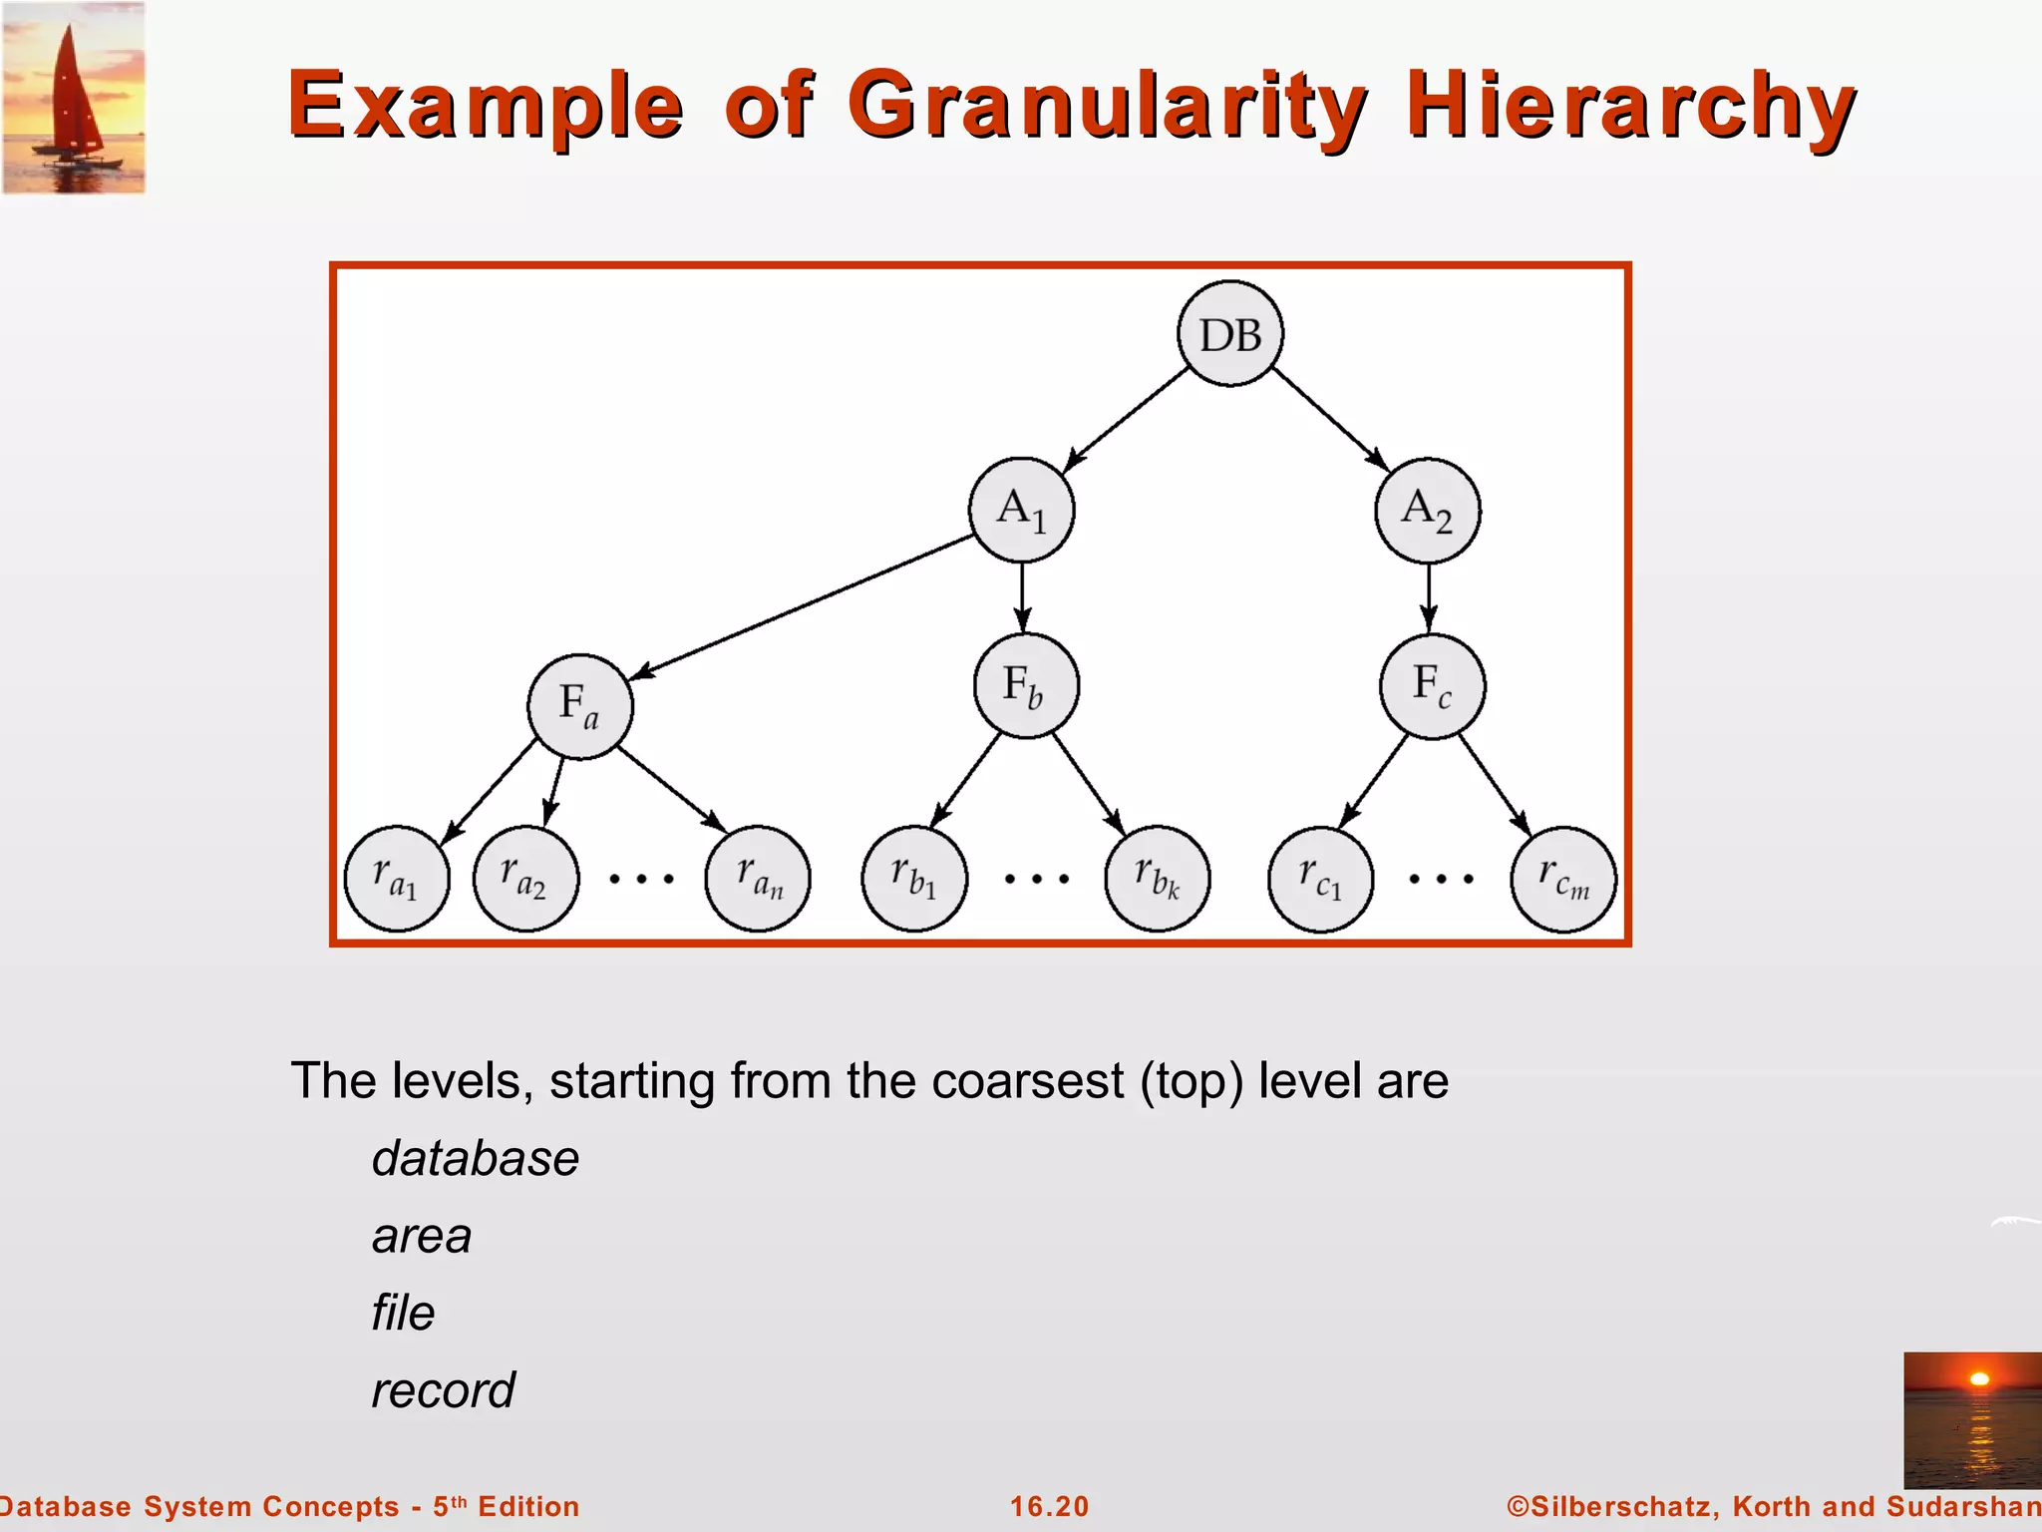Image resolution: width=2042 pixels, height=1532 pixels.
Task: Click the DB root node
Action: (1230, 334)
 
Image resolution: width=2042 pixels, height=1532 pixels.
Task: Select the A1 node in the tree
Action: (1021, 510)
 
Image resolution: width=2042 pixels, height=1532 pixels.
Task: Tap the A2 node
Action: (1428, 511)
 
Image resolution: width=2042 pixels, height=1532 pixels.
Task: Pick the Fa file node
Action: (579, 706)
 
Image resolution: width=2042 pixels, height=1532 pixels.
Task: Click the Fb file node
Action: (1025, 686)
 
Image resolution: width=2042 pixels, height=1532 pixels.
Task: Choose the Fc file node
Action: (1432, 686)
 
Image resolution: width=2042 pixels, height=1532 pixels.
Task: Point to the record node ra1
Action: (397, 878)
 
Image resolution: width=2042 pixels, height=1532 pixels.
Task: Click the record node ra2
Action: (525, 878)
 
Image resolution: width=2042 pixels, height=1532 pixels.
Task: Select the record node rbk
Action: (1158, 878)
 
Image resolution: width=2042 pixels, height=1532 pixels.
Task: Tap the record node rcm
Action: (1563, 879)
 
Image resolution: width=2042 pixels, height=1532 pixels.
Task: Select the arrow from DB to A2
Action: (1330, 418)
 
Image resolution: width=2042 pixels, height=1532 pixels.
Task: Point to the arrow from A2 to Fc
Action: (1429, 597)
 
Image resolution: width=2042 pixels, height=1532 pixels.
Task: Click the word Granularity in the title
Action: (1107, 105)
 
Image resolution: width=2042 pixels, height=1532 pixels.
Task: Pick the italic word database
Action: (476, 1159)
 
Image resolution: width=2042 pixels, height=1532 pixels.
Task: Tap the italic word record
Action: (443, 1390)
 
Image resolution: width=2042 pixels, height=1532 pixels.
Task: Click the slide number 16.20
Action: (1049, 1506)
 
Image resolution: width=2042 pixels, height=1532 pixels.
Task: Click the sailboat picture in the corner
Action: (74, 97)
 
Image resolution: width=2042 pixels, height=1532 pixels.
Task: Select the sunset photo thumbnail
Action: (1972, 1419)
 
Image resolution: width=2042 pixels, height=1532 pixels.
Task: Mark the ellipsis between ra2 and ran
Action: (642, 879)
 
